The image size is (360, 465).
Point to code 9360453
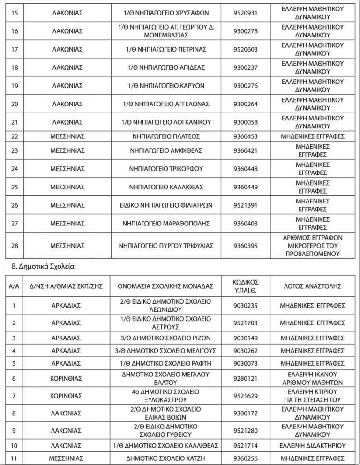tap(245, 136)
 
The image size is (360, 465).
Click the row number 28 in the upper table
tap(15, 245)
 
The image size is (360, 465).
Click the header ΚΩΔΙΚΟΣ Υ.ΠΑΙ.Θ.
tap(245, 286)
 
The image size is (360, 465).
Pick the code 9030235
tap(245, 306)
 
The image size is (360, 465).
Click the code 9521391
tap(245, 205)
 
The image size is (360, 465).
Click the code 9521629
tap(245, 396)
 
